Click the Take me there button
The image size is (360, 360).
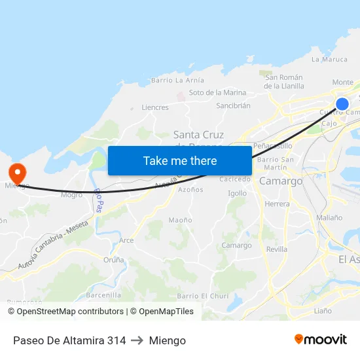coord(180,160)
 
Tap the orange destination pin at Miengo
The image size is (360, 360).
coord(16,173)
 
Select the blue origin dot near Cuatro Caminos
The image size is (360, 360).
coord(342,103)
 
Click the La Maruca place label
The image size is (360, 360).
coord(329,60)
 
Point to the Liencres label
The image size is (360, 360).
coord(155,107)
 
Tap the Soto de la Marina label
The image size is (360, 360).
coord(217,93)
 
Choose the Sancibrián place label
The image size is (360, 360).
coord(233,105)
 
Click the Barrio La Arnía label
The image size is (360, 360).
coord(177,81)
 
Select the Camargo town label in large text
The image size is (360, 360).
coord(281,181)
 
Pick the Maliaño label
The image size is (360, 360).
coord(329,217)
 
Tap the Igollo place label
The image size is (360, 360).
coord(237,194)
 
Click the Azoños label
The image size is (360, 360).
coord(190,190)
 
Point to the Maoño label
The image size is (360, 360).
coord(180,221)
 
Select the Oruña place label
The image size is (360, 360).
coord(113,260)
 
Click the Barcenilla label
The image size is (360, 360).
coord(103,295)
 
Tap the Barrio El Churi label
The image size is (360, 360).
coord(202,297)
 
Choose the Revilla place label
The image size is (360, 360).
coord(276,249)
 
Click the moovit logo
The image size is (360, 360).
coord(321,340)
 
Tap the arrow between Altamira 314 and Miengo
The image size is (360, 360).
coord(137,340)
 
